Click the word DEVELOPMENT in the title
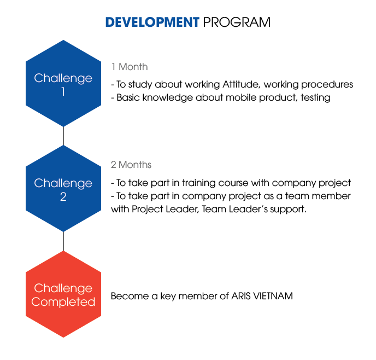pos(152,22)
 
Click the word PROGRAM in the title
pos(237,22)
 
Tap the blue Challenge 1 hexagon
pos(63,83)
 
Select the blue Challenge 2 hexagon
pos(63,188)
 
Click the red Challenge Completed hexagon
pos(63,294)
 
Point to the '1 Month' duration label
pos(130,67)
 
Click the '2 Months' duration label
pos(131,165)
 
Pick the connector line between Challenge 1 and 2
pos(63,136)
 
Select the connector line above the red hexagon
pos(63,241)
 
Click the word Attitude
pos(241,84)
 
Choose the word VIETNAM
pos(273,296)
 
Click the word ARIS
pos(241,296)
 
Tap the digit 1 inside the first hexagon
pos(63,91)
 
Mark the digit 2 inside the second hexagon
pos(63,196)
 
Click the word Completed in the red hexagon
pos(63,301)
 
